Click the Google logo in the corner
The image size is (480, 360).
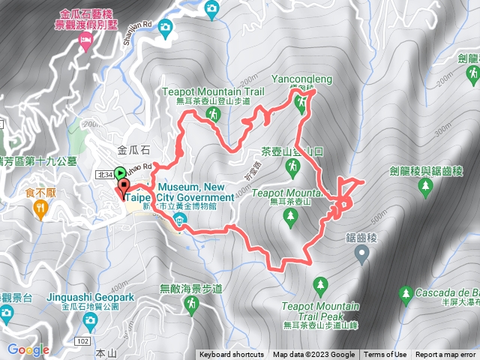[x=28, y=349]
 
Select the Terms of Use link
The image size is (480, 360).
[x=386, y=355]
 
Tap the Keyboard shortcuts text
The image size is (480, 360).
[x=232, y=355]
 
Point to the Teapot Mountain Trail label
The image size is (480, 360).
[x=214, y=91]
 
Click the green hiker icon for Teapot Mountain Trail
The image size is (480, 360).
[x=214, y=114]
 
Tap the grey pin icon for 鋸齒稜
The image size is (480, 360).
[x=361, y=256]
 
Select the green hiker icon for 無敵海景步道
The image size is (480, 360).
[x=191, y=303]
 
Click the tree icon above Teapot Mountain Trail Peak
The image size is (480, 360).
[x=322, y=285]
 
